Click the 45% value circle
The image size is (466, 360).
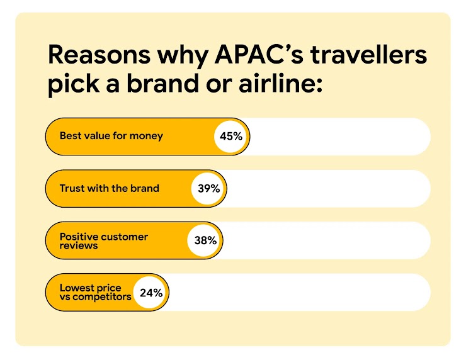[x=232, y=136]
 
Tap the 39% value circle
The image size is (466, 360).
[x=208, y=188]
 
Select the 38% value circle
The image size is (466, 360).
[x=205, y=240]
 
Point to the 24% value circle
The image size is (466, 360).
[x=151, y=293]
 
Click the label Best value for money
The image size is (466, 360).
[x=111, y=136]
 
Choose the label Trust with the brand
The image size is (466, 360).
[x=109, y=188]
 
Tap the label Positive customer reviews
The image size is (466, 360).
[x=103, y=240]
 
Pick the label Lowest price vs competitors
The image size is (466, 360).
[x=95, y=293]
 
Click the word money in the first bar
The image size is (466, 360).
[x=145, y=136]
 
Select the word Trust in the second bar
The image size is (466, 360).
[x=72, y=188]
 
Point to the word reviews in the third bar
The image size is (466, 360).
[x=79, y=245]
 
